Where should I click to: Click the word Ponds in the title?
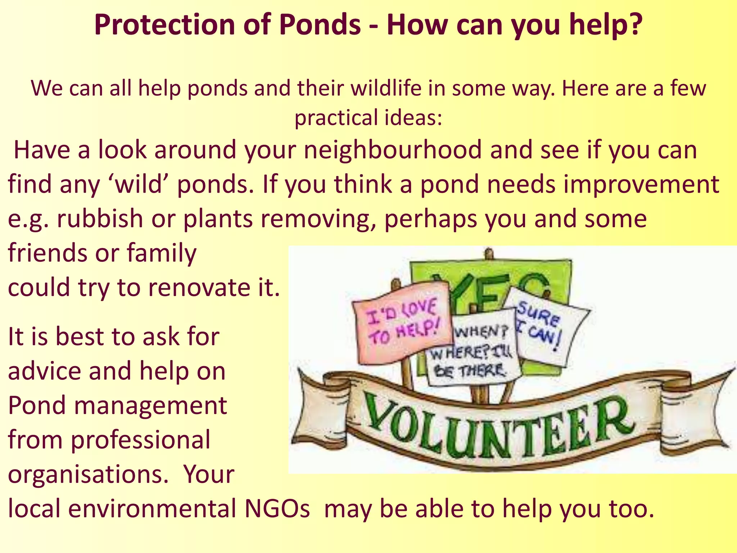320,24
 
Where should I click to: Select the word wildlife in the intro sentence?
386,88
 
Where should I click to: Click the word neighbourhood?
393,150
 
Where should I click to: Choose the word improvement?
641,184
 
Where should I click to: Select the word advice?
45,371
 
